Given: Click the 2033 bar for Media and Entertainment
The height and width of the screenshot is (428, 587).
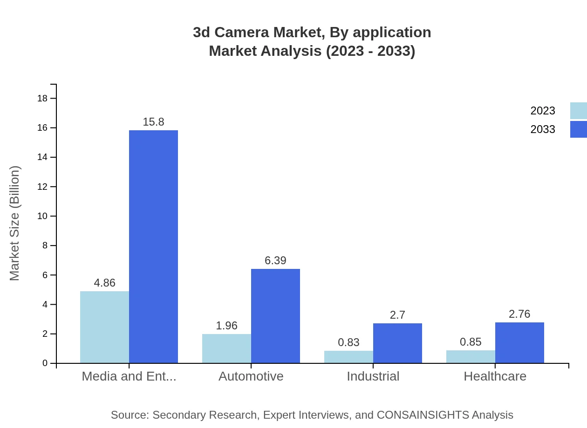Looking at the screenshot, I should point(153,247).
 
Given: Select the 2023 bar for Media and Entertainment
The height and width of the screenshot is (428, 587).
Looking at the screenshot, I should point(104,327).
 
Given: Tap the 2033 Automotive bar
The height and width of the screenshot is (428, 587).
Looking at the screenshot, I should point(275,316).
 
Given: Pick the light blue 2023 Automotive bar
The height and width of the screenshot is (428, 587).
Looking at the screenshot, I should point(226,348).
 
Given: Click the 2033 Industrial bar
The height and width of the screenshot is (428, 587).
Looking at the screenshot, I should point(397,343).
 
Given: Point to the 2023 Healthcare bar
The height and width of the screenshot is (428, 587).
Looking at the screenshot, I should point(471,357).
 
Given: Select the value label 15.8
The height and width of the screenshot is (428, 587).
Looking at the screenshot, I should point(153,122).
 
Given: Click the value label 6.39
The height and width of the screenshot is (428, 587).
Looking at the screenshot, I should point(275,261).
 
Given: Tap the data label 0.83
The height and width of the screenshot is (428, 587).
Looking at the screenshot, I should point(348,342).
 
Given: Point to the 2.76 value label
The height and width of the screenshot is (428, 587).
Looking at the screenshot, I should point(519,314).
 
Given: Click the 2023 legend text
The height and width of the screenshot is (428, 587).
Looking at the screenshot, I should point(543,111).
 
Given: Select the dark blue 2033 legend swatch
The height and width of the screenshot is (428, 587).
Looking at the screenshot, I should point(578,129).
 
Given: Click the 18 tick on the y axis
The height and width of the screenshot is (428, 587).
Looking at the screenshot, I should point(42,98).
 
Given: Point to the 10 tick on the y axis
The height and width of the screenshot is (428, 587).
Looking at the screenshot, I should point(42,216).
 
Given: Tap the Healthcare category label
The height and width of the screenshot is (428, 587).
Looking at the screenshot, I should point(495,376).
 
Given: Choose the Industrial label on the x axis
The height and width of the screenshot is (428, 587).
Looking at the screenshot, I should point(373,376).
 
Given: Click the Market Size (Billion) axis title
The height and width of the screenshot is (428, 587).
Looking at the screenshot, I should point(14,223).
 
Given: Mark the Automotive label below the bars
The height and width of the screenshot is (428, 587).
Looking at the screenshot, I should point(251,376).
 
